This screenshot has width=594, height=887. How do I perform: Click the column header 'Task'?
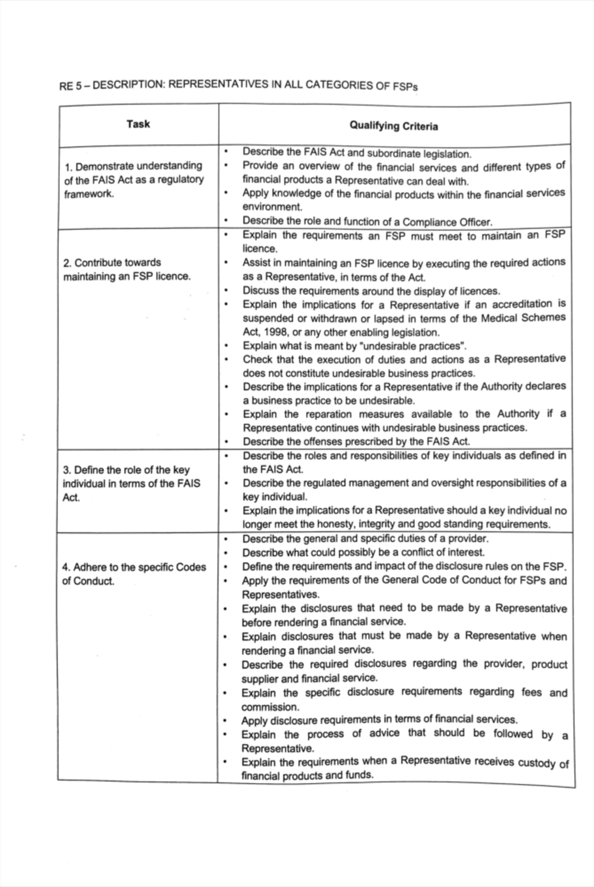[138, 124]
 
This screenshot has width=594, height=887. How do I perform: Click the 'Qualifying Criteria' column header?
[394, 126]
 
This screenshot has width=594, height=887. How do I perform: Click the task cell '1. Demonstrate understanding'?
[133, 166]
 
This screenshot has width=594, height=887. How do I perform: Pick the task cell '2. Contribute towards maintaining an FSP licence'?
[126, 269]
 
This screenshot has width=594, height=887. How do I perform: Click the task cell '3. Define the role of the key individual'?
[131, 483]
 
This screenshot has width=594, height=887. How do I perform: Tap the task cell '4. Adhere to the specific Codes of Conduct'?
[134, 574]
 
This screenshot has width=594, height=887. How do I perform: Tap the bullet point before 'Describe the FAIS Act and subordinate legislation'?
[226, 151]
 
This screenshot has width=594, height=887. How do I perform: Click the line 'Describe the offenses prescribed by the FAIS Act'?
[356, 442]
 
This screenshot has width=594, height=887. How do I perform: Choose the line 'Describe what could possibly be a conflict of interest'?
[363, 552]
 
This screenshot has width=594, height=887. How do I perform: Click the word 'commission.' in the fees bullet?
[270, 707]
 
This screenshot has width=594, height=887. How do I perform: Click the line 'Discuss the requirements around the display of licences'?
[371, 291]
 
